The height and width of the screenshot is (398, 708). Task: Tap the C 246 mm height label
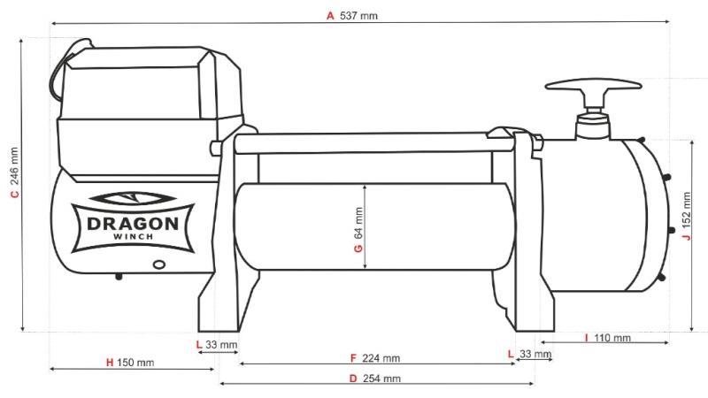[x=14, y=183]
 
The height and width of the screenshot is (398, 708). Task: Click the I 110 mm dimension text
[x=607, y=338]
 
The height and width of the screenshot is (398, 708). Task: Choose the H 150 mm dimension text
[x=130, y=363]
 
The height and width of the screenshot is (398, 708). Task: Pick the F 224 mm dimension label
[x=374, y=358]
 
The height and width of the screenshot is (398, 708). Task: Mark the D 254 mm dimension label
[x=374, y=379]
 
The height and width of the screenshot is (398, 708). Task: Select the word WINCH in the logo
[x=134, y=237]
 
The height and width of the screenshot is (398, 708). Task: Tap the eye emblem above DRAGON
[x=134, y=199]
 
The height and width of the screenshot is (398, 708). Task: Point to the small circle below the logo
[x=159, y=263]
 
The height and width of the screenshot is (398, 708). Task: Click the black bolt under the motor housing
[x=119, y=275]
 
